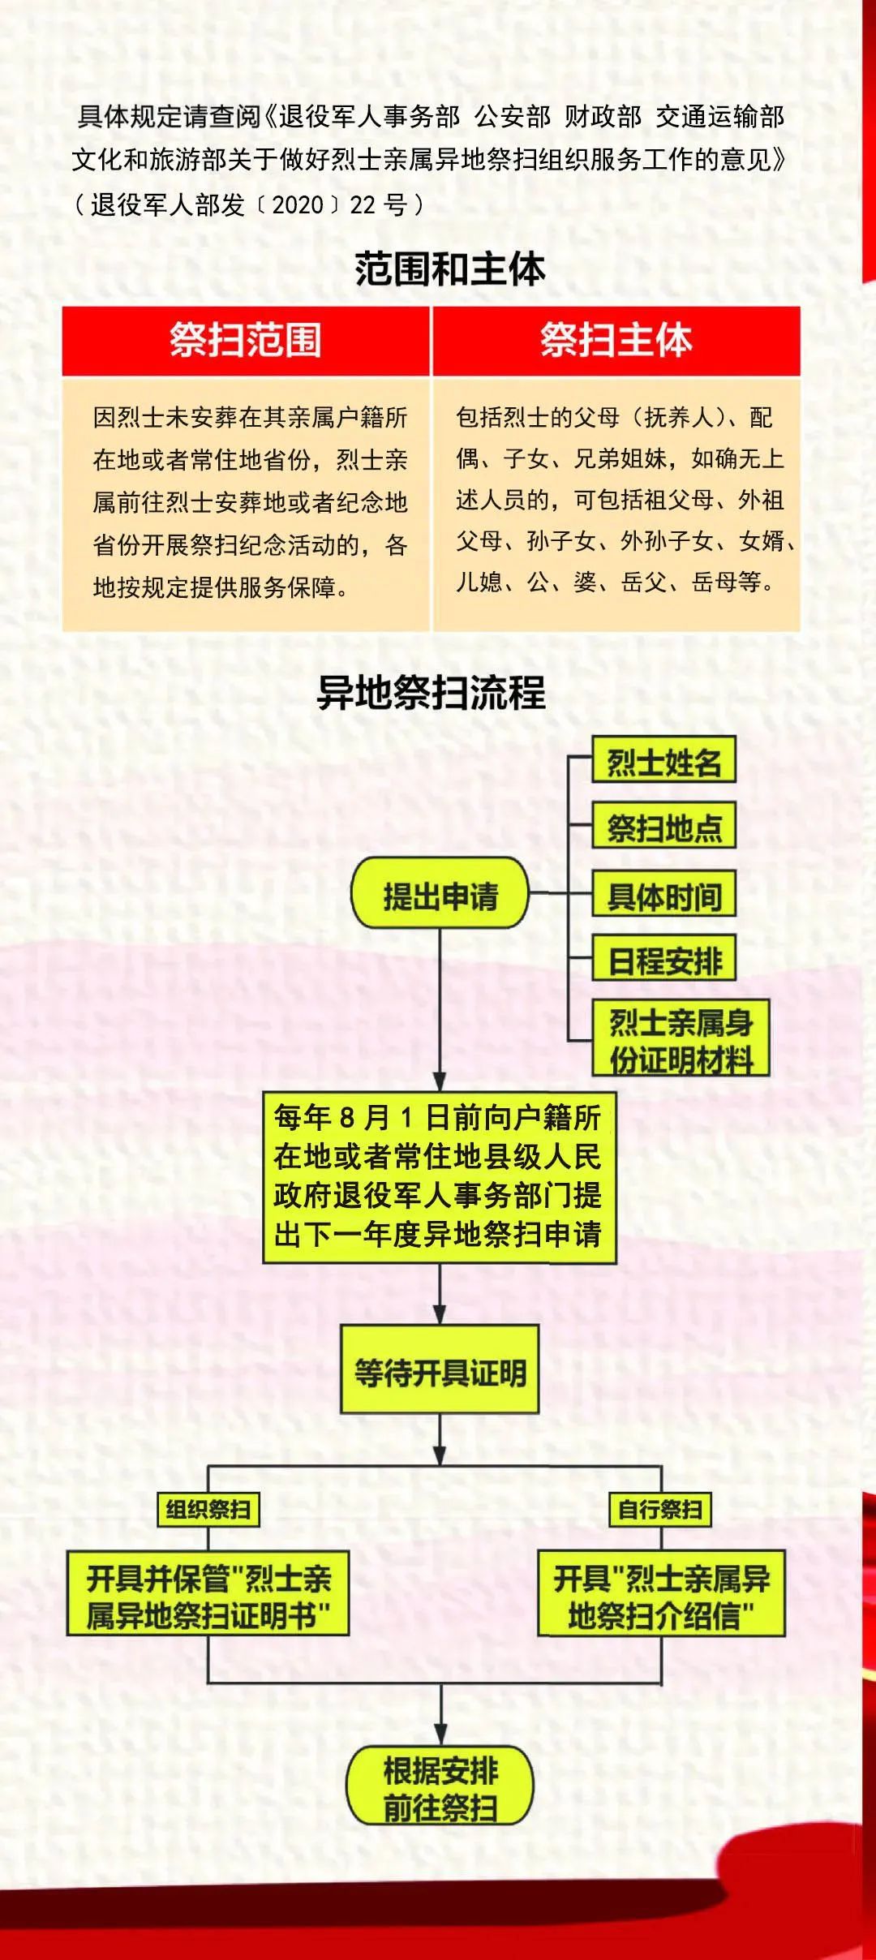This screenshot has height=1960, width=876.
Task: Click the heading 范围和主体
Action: pyautogui.click(x=449, y=269)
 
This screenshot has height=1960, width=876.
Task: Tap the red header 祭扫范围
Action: pyautogui.click(x=246, y=340)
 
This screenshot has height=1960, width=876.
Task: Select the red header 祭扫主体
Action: pyautogui.click(x=616, y=340)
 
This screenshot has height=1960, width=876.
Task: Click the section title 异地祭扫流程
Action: pyautogui.click(x=431, y=693)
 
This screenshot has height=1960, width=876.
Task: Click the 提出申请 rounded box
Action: pyautogui.click(x=440, y=893)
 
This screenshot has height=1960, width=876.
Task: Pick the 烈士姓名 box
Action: pyautogui.click(x=663, y=760)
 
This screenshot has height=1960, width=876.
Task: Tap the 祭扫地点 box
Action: pyautogui.click(x=663, y=826)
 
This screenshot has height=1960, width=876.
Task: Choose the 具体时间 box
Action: pyautogui.click(x=663, y=894)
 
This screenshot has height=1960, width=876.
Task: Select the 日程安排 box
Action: pyautogui.click(x=663, y=959)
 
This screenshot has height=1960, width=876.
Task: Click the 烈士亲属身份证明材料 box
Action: pyautogui.click(x=681, y=1038)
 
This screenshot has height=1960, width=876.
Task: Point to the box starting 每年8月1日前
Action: pyautogui.click(x=440, y=1177)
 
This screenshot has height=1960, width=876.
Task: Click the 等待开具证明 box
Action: pyautogui.click(x=440, y=1370)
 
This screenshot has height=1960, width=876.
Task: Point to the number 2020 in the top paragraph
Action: pyautogui.click(x=298, y=204)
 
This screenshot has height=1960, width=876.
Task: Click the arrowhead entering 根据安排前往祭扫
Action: pyautogui.click(x=440, y=1736)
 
